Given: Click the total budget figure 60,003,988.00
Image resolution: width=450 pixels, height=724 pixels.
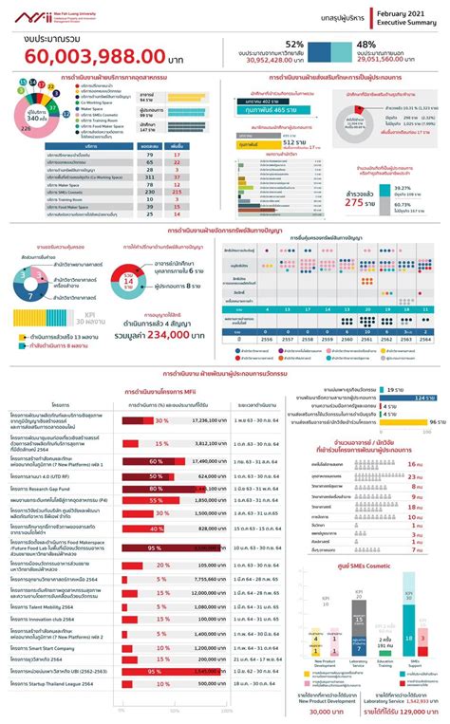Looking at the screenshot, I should pos(90,53).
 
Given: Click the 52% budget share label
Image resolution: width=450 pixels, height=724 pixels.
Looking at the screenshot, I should pos(294,44).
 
